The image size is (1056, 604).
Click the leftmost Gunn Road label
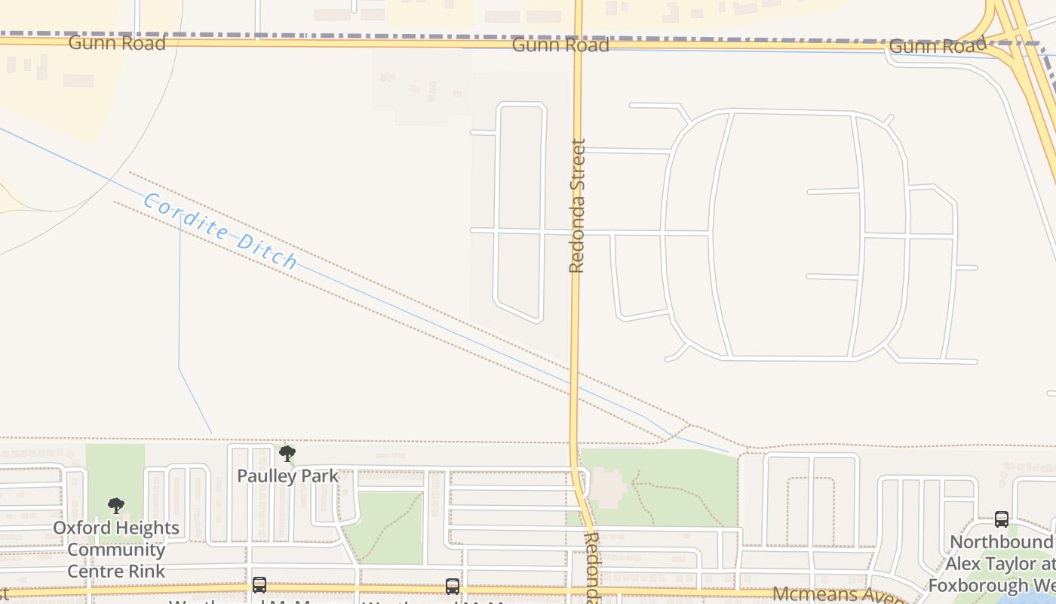click(x=116, y=43)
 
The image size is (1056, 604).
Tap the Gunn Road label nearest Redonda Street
click(x=560, y=45)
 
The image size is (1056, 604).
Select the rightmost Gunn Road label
click(x=937, y=47)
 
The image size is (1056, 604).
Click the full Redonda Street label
click(x=577, y=205)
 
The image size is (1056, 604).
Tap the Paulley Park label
click(x=287, y=476)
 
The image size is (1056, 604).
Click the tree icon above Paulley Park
click(x=287, y=454)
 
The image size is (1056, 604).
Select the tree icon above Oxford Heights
click(x=115, y=506)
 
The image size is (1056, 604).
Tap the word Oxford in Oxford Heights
click(x=81, y=528)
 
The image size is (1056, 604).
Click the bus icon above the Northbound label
click(x=1001, y=519)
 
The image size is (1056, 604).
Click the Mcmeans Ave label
click(x=837, y=595)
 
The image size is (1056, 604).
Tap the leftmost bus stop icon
click(x=259, y=585)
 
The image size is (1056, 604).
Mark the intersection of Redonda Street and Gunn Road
click(x=578, y=44)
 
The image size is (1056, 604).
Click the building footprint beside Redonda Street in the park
click(x=608, y=487)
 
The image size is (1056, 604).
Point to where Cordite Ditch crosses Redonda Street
click(x=575, y=374)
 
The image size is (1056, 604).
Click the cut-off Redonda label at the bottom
click(x=593, y=566)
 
